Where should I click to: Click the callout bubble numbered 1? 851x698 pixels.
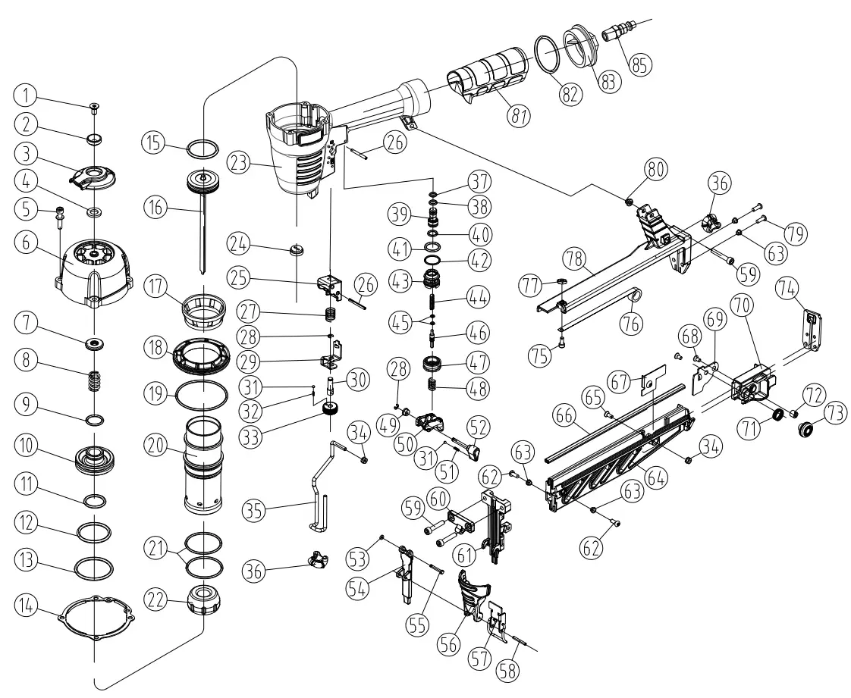[x=25, y=95]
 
